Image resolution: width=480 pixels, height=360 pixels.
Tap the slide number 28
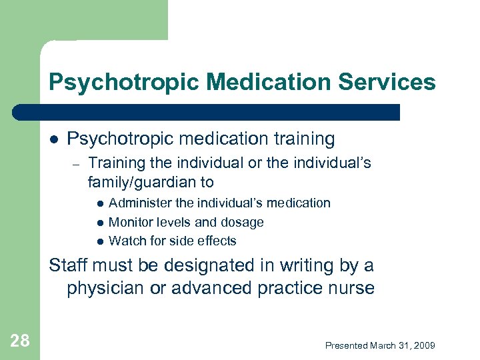[x=20, y=341]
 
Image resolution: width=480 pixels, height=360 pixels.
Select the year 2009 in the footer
[x=424, y=345]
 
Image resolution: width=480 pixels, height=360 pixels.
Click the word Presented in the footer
[x=347, y=345]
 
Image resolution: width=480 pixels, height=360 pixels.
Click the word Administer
[x=139, y=203]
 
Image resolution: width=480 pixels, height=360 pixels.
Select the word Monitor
[x=131, y=222]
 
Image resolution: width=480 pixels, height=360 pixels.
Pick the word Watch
[x=125, y=241]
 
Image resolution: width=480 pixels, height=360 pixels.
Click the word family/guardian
[x=141, y=182]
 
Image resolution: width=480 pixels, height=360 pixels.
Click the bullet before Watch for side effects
[x=99, y=241]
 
